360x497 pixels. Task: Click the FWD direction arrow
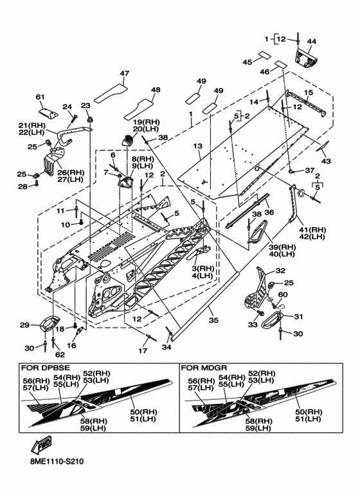click(x=41, y=446)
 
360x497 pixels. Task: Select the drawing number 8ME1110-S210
click(x=57, y=470)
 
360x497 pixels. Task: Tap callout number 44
click(x=312, y=41)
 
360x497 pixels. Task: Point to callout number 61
click(x=40, y=96)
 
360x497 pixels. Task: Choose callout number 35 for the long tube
click(x=213, y=320)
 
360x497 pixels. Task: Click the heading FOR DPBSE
click(x=45, y=368)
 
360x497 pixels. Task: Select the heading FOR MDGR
click(x=204, y=368)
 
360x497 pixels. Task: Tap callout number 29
click(x=24, y=325)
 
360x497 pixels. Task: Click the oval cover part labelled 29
click(x=50, y=323)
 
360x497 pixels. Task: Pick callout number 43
click(x=326, y=161)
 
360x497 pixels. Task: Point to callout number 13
click(x=197, y=146)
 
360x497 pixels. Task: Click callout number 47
click(x=125, y=73)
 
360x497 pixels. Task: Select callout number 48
click(x=156, y=90)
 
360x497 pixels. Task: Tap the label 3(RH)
click(x=203, y=269)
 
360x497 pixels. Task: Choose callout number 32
click(x=280, y=271)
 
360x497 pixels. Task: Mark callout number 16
click(x=71, y=345)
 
